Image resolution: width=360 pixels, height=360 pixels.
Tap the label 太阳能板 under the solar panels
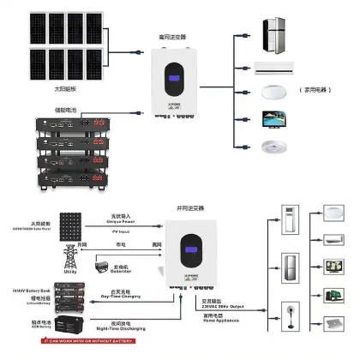tap(40, 87)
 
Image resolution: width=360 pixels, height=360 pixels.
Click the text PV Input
tap(127, 231)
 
